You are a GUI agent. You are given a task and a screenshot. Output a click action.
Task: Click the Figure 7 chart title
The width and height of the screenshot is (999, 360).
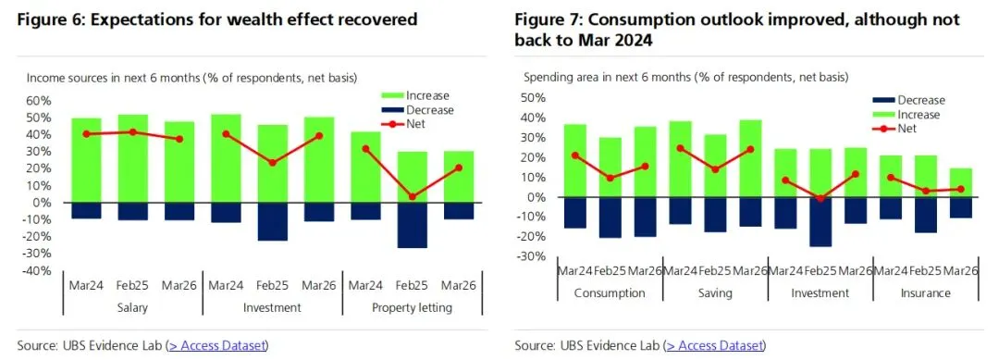point(737,29)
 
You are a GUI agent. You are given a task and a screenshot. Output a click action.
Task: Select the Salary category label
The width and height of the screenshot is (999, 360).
point(132,307)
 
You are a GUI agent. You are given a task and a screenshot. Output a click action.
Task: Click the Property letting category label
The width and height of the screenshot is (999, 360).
point(413,307)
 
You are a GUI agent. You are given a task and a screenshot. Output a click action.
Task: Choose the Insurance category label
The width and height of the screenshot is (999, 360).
point(925,293)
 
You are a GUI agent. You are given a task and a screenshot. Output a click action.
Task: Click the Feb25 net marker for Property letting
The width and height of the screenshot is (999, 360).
point(413,196)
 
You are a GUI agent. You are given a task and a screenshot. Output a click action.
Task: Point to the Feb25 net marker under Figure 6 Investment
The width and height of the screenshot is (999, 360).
point(273,163)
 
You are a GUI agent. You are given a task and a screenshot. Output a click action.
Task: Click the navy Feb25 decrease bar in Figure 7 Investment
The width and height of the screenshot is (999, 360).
point(820,221)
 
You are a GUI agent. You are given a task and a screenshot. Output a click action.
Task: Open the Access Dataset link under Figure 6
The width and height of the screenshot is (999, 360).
point(217,345)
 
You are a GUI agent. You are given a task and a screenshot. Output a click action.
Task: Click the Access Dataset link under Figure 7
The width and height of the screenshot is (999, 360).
point(715,345)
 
